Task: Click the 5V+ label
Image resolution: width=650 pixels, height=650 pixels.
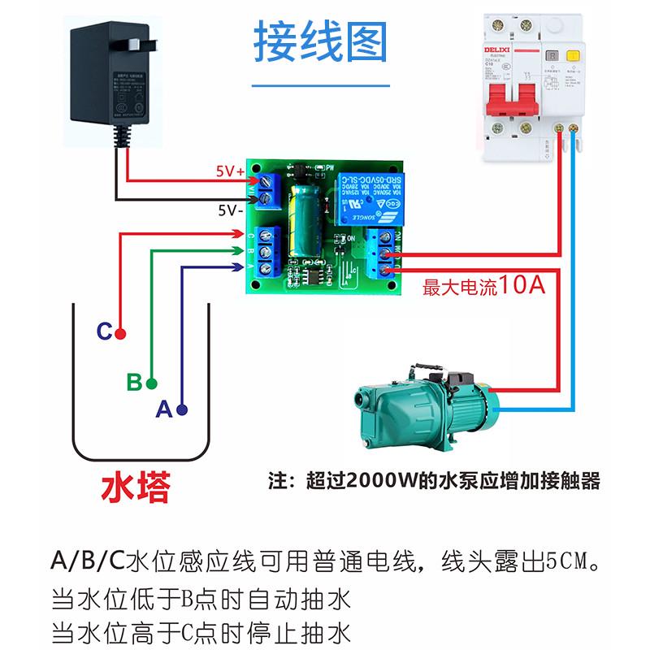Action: (229, 171)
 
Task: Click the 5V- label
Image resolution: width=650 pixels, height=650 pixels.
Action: (229, 209)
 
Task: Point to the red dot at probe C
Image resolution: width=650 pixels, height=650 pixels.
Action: (120, 333)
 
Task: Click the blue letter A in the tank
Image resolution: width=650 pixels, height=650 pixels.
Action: (163, 410)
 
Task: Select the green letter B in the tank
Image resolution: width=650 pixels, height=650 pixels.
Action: (134, 382)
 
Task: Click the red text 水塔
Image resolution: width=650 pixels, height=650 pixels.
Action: (136, 487)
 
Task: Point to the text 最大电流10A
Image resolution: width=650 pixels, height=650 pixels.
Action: (483, 287)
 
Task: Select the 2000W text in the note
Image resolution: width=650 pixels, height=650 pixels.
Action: (380, 481)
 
